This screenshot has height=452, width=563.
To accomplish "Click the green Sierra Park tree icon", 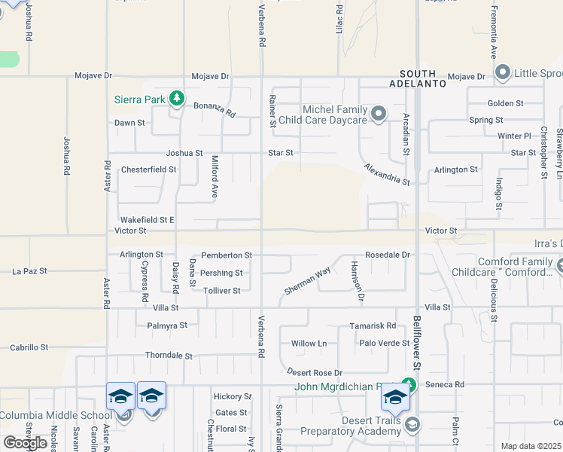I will [x=177, y=98].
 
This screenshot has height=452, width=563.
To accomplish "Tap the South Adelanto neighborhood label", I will [x=418, y=80].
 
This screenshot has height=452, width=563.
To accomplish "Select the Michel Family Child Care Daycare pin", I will [x=379, y=115].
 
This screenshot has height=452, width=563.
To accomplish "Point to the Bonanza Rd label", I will [x=215, y=110].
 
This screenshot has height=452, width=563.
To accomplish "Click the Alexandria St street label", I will [x=387, y=175].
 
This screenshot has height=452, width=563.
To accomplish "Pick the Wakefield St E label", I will [x=148, y=219].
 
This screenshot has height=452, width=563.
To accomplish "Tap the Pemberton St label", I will [x=226, y=256].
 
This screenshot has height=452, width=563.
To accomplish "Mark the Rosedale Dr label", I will [x=388, y=255].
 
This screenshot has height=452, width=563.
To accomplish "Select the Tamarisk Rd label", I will [x=373, y=326].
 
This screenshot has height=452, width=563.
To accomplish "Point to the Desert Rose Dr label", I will [x=315, y=373].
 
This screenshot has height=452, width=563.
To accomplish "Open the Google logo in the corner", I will [x=25, y=443].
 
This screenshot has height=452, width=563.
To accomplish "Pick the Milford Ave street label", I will [x=215, y=176].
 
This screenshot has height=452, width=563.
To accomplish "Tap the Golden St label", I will [x=506, y=103].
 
